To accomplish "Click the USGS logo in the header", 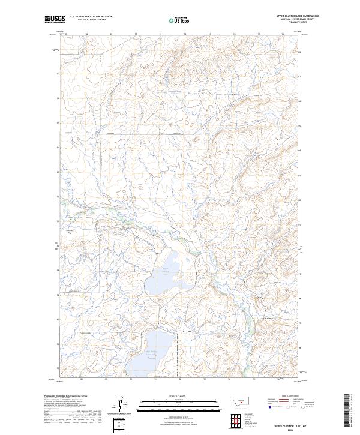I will [55, 20].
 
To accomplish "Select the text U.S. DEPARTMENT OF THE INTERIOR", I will [91, 17].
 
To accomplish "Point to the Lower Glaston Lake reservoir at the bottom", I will [147, 353].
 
